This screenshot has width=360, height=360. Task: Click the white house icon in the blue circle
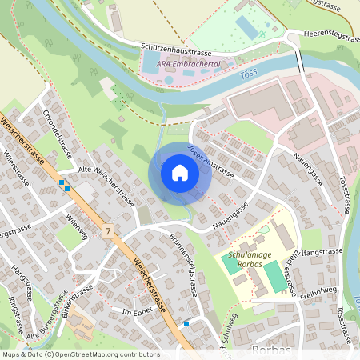(180, 173)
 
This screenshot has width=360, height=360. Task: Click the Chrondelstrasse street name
(57, 128)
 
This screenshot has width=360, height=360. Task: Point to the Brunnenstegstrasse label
(183, 265)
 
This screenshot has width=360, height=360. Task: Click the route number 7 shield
(109, 230)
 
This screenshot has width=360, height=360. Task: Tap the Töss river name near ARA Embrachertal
(248, 76)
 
